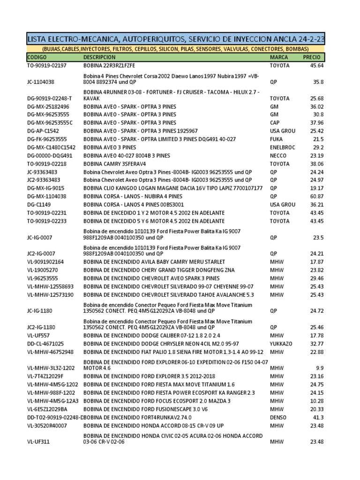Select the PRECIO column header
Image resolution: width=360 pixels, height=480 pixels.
312,57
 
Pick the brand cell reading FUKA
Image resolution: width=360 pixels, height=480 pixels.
277,139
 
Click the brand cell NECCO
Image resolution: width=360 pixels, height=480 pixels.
278,155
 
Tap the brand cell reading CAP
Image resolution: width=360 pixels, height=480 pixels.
275,122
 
